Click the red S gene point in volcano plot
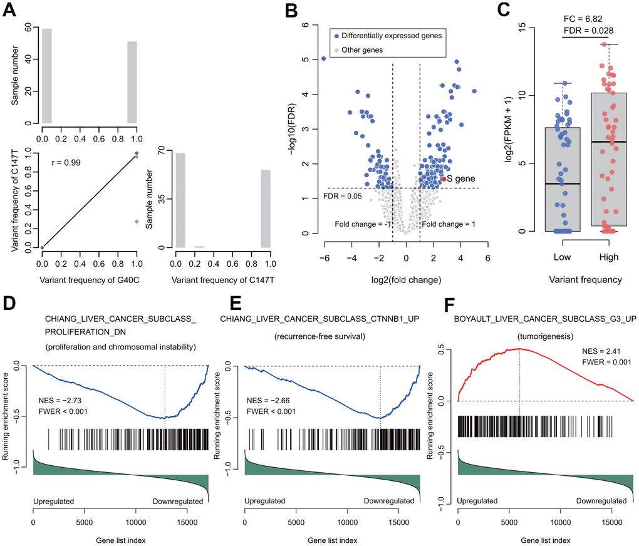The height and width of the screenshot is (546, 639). [x=444, y=178]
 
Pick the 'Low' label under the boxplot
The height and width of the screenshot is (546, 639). [x=562, y=257]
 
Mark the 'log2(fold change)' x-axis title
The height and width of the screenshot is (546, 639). [x=406, y=279]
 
